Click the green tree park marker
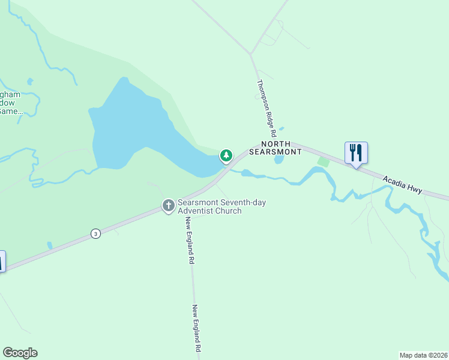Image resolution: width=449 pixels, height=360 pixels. click(x=226, y=156)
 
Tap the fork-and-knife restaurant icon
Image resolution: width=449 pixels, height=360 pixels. click(x=356, y=152)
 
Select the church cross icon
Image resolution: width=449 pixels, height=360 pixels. click(x=169, y=206)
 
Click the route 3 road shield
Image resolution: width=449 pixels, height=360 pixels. click(x=95, y=234)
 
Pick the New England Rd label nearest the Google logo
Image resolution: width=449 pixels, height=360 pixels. click(x=196, y=328)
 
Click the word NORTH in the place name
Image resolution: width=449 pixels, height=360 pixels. click(x=276, y=145)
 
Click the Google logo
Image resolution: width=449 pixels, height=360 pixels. click(x=20, y=353)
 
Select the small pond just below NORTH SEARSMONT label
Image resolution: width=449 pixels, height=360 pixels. click(x=279, y=160)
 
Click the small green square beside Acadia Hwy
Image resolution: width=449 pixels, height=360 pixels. click(x=324, y=161)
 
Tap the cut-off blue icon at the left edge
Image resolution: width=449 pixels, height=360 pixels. click(x=2, y=261)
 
